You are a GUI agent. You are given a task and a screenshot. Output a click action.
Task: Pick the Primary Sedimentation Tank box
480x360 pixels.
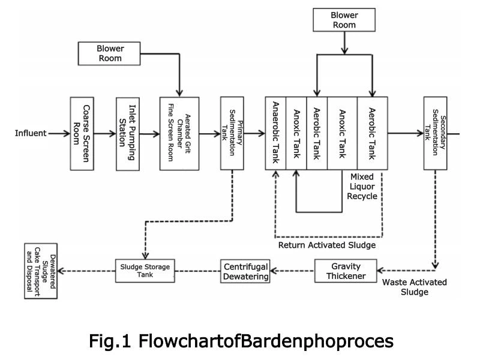coord(231,133)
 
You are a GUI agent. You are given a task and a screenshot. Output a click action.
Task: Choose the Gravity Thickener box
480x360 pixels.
coord(346,271)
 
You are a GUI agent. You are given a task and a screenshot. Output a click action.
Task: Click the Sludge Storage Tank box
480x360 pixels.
coord(146,271)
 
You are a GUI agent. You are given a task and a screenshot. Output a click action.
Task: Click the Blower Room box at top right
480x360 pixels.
coord(344,20)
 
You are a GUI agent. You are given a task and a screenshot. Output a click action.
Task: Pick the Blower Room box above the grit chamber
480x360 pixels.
coord(109,53)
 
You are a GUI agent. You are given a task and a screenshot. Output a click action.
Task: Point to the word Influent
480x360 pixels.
coord(30,133)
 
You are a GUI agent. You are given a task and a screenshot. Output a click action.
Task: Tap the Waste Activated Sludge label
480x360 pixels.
coord(414,287)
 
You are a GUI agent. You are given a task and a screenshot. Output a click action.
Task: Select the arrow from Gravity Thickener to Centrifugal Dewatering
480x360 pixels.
coord(293,271)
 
